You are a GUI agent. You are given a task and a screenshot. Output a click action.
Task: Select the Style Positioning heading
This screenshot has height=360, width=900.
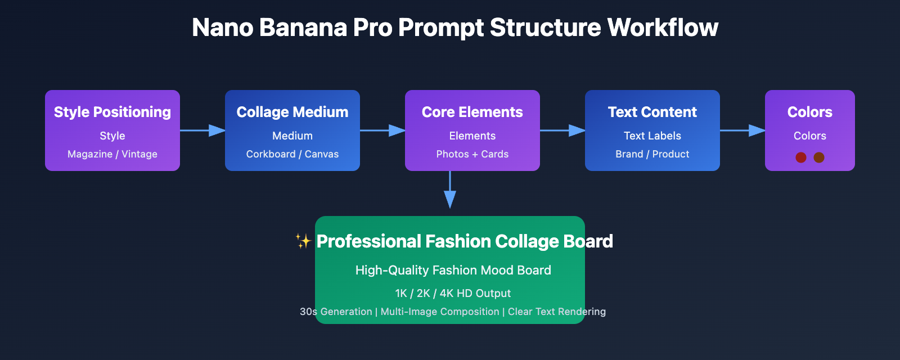pyautogui.click(x=112, y=112)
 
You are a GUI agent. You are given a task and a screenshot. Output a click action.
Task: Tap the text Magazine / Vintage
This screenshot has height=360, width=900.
pyautogui.click(x=112, y=154)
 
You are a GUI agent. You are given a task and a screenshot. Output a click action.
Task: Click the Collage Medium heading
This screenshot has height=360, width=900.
pyautogui.click(x=292, y=112)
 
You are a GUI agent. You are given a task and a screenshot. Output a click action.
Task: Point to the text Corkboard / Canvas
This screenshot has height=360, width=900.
pyautogui.click(x=292, y=154)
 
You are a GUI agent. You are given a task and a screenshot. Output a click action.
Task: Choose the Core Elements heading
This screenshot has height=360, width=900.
pyautogui.click(x=472, y=112)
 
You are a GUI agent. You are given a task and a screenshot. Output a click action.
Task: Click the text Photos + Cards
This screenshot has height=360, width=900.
pyautogui.click(x=472, y=154)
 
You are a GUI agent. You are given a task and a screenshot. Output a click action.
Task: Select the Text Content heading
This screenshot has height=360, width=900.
pyautogui.click(x=652, y=112)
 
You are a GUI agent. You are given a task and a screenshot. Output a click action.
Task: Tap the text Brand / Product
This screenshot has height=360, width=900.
pyautogui.click(x=652, y=154)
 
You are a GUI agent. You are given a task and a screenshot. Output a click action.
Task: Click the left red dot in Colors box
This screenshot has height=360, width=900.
pyautogui.click(x=801, y=157)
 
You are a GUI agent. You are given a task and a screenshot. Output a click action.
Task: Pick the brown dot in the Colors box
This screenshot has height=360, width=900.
pyautogui.click(x=819, y=157)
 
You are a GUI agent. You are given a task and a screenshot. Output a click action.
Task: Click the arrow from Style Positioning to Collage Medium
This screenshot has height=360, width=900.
pyautogui.click(x=202, y=130)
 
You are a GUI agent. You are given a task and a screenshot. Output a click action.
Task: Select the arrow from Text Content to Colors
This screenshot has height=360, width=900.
pyautogui.click(x=742, y=130)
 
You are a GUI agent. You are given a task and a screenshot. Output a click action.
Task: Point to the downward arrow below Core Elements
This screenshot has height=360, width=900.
pyautogui.click(x=450, y=191)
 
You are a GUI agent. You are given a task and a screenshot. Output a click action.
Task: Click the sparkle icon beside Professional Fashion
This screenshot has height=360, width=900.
pyautogui.click(x=303, y=241)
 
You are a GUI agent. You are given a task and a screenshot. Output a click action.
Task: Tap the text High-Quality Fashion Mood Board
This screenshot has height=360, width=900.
pyautogui.click(x=453, y=270)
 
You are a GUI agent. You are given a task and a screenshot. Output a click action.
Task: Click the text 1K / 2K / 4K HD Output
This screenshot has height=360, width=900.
pyautogui.click(x=453, y=293)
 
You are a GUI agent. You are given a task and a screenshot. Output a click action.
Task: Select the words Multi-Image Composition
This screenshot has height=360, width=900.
pyautogui.click(x=440, y=312)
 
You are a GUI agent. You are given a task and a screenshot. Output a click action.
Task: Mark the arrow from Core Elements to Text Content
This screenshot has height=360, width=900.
pyautogui.click(x=562, y=130)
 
